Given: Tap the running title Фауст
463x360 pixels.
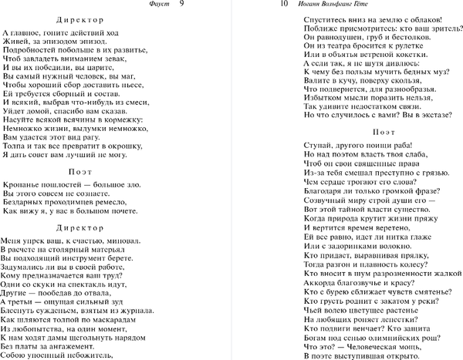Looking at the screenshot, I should (154, 6).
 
